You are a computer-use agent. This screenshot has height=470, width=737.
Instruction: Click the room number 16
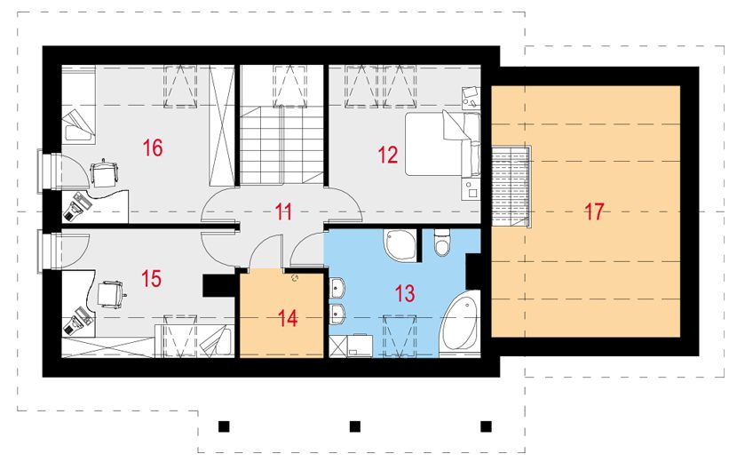(153, 147)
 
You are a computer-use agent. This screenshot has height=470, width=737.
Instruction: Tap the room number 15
(151, 279)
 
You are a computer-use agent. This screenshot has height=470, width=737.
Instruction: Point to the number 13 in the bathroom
(404, 294)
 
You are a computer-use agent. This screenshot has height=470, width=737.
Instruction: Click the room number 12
(387, 155)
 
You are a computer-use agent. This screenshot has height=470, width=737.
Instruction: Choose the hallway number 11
(283, 211)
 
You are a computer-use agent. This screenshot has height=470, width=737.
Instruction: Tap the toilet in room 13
(442, 243)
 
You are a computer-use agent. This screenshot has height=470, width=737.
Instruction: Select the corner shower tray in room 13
(400, 244)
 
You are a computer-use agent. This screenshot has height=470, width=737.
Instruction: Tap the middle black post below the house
(354, 426)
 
